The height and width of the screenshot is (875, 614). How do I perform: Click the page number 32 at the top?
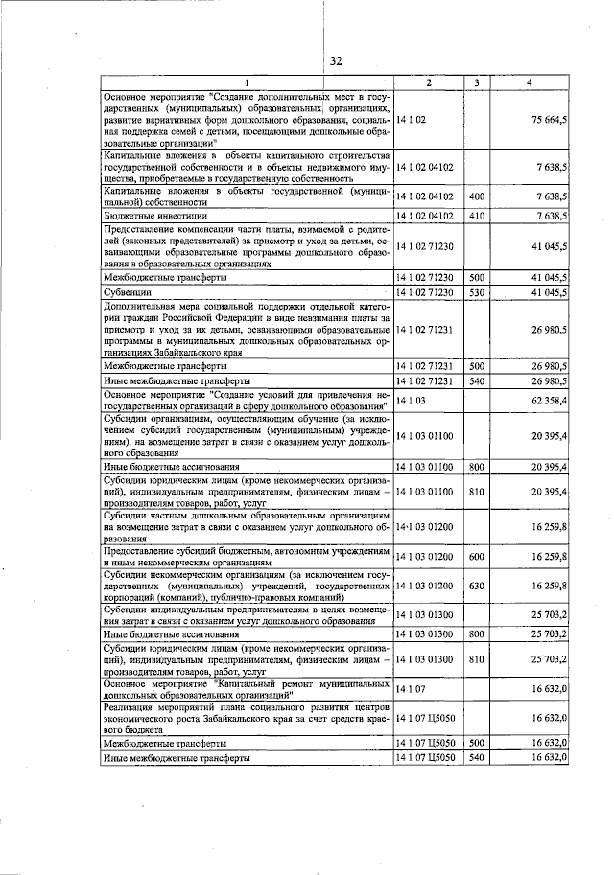click(336, 61)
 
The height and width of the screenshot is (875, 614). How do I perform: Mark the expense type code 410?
click(476, 216)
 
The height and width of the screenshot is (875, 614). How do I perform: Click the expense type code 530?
click(476, 291)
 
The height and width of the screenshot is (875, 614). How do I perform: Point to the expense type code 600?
click(476, 556)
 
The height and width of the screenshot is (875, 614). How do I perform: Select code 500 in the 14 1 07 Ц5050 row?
click(476, 744)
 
